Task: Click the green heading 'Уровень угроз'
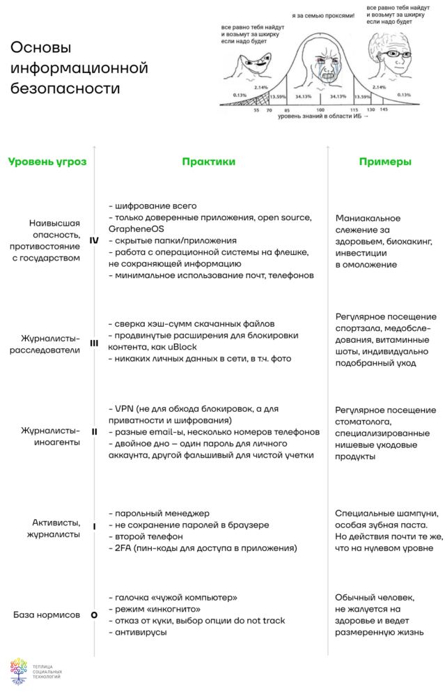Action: click(47, 162)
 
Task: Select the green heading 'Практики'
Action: click(209, 162)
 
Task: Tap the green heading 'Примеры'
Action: click(384, 162)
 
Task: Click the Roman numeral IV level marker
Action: click(94, 240)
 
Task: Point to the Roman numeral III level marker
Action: click(94, 342)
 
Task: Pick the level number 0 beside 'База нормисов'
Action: click(94, 615)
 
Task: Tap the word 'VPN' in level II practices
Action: click(123, 408)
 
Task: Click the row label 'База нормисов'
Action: click(46, 615)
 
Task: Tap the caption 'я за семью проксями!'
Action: click(323, 15)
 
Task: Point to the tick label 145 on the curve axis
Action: click(384, 110)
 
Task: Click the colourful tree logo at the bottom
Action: click(19, 670)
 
